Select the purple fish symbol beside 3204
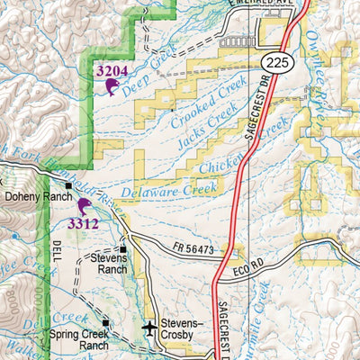coord(112,86)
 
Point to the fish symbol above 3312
coord(85,206)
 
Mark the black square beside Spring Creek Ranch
coord(106,321)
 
